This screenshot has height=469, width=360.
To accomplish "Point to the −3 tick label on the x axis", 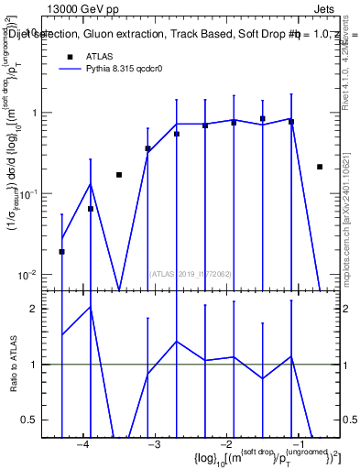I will tap(154, 444).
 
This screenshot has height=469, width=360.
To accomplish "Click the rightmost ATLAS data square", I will tap(319, 167).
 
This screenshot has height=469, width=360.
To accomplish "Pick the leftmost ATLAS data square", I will tap(61, 251).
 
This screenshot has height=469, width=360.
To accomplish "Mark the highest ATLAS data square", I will tap(263, 119).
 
